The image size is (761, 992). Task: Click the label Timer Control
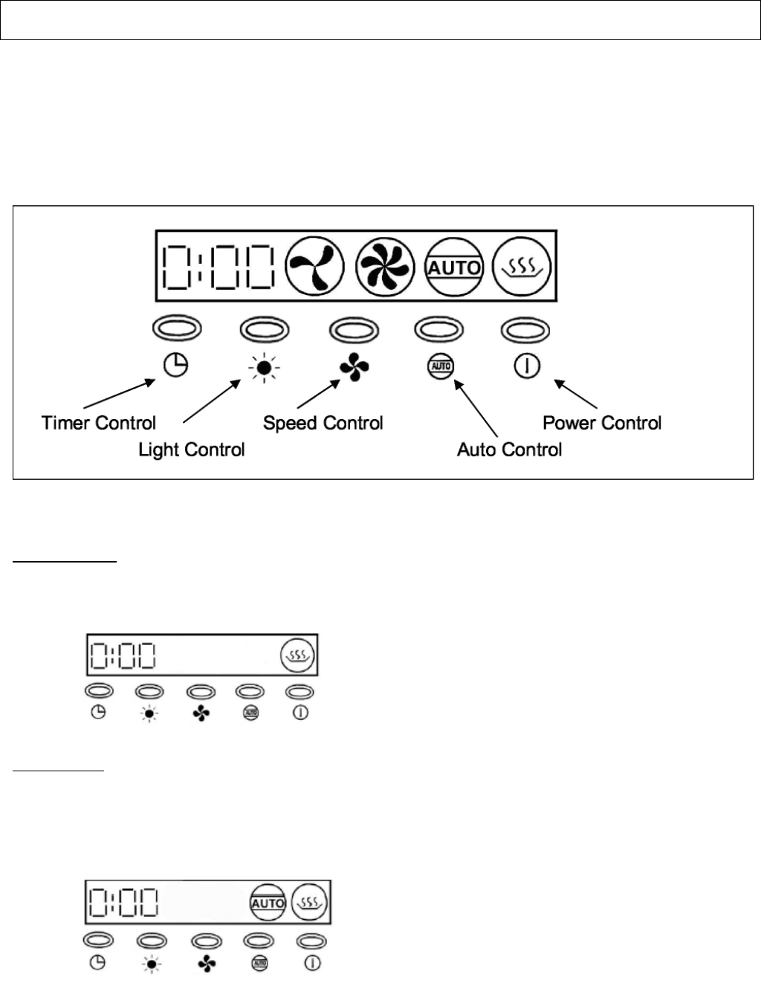click(x=99, y=424)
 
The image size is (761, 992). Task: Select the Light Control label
click(x=192, y=450)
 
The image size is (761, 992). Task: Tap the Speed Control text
click(x=323, y=424)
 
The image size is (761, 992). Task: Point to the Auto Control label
click(x=510, y=450)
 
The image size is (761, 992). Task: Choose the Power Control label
click(x=602, y=424)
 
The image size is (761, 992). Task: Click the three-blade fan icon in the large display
click(x=316, y=265)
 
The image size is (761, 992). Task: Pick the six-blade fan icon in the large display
click(x=383, y=265)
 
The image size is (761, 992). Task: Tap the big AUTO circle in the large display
click(x=453, y=267)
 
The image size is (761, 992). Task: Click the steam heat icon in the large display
click(x=523, y=265)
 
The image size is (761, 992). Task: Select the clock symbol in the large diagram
click(x=176, y=365)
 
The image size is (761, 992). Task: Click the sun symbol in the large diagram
click(x=264, y=366)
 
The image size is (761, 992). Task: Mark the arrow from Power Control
click(x=576, y=394)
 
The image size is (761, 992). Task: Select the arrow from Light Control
click(x=211, y=402)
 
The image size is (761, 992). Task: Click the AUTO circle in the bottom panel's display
click(x=268, y=902)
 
